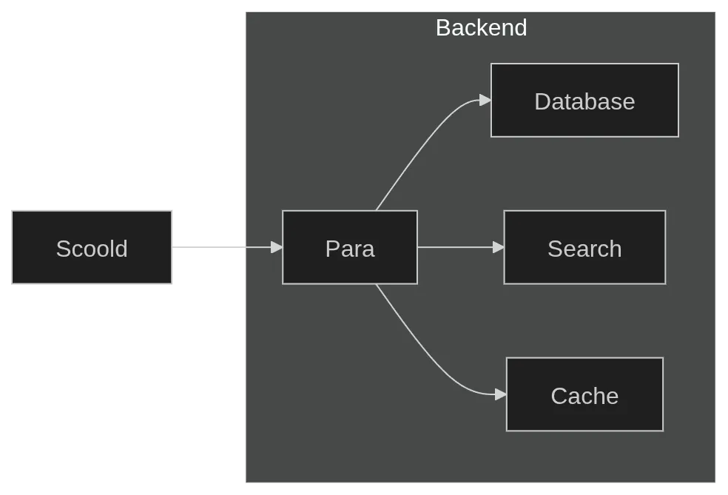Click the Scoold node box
tap(91, 249)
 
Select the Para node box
tap(349, 247)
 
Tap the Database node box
tap(584, 101)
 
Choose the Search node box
tap(584, 247)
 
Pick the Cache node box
tap(584, 394)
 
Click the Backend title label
tap(481, 27)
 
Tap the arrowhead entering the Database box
tap(485, 100)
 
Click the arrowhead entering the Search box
tap(499, 247)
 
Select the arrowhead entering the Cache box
tap(501, 394)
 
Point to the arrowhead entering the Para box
tap(277, 247)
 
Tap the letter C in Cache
tap(559, 396)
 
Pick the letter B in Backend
tap(442, 28)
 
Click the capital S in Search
tap(554, 249)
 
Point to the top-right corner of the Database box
tap(678, 64)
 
